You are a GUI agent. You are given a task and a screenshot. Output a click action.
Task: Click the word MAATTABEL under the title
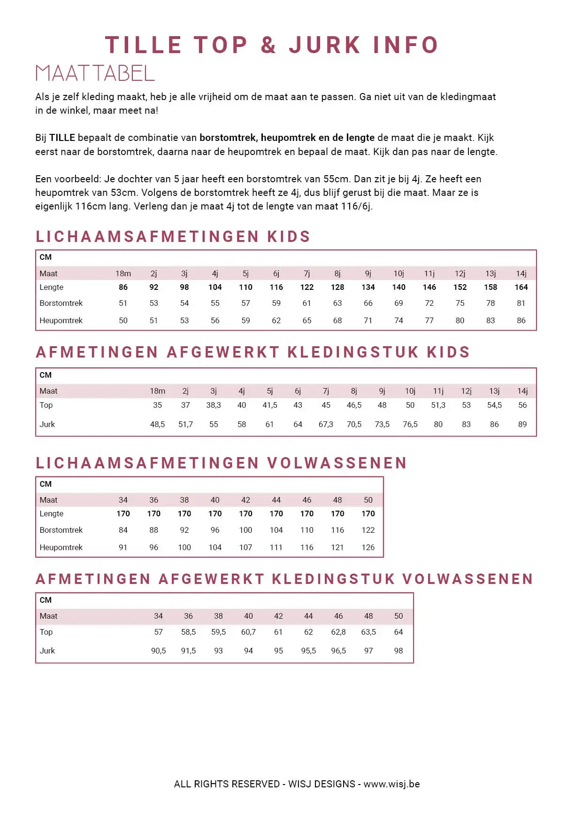pos(95,73)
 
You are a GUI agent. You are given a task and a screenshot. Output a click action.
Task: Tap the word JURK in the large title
pos(325,46)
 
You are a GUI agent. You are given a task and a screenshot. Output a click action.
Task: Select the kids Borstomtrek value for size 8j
pos(337,303)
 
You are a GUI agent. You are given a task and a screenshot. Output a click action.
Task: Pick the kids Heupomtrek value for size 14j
pos(521,320)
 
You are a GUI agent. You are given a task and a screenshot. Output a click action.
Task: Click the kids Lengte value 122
pos(307,288)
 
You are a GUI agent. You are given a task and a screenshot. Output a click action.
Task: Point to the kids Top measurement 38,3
pos(214,405)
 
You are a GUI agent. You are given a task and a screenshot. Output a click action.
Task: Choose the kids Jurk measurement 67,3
pos(326,425)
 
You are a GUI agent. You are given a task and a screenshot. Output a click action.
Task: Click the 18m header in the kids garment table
pos(158,391)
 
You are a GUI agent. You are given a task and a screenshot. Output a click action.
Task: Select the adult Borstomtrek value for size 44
pos(276,530)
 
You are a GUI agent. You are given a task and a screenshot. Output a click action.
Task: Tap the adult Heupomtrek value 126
pos(368,548)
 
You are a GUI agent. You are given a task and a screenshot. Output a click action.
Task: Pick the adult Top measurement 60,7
pos(248,632)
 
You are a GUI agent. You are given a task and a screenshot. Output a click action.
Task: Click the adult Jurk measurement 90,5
pos(159,651)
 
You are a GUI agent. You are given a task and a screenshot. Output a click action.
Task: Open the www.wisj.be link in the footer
pos(391,784)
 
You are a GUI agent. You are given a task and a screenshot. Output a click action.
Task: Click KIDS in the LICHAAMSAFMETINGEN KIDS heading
pos(289,237)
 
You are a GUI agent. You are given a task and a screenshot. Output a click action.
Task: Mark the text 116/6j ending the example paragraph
pos(356,206)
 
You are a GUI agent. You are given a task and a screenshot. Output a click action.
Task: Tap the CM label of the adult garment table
pos(46,600)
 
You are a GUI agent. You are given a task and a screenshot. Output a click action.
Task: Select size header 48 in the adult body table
pos(337,500)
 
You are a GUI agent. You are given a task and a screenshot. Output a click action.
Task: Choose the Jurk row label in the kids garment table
pos(47,425)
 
